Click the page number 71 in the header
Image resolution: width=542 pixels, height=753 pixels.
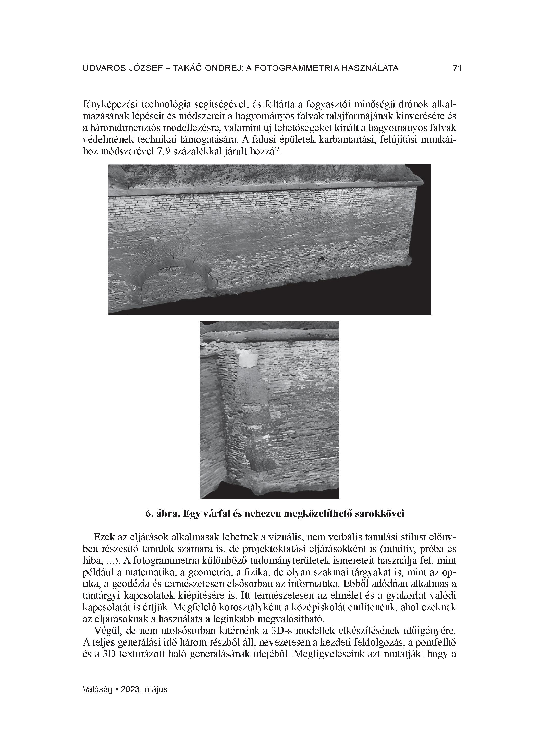[x=457, y=68]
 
